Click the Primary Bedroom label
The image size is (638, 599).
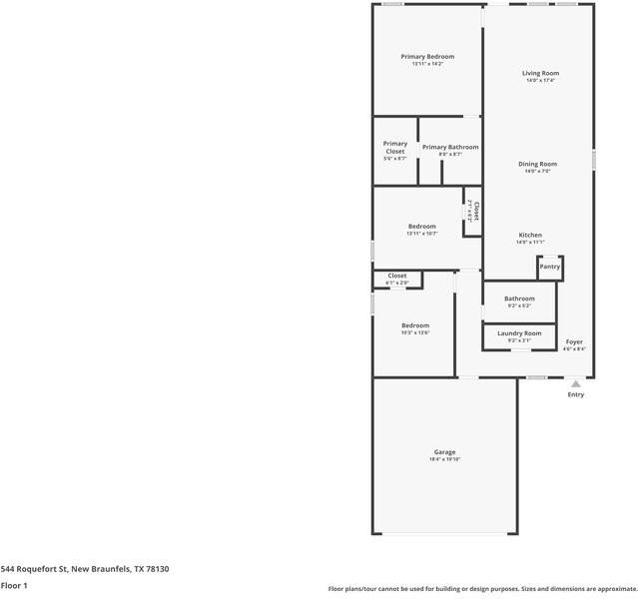point(427,57)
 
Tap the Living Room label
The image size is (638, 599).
point(540,73)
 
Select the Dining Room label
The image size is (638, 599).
point(537,164)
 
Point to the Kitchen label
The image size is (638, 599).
point(529,236)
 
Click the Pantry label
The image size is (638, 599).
point(549,267)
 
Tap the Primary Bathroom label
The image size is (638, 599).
point(450,148)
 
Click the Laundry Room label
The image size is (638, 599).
point(519,332)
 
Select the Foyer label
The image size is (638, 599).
point(574,342)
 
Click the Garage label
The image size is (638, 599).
point(444,452)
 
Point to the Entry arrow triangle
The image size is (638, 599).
point(575,382)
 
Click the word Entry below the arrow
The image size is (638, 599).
point(576,394)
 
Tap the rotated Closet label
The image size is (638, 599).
point(476,212)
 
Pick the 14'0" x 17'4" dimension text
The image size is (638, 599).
point(540,81)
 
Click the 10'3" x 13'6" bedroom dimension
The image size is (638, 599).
point(415,333)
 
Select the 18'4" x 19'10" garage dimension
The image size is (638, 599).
point(444,459)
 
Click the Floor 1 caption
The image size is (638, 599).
point(13,585)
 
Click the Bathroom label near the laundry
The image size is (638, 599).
point(519,299)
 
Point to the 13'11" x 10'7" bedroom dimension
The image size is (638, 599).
point(421,234)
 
